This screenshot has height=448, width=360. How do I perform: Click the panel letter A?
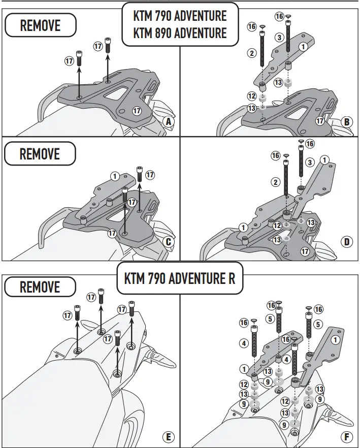(x=169, y=121)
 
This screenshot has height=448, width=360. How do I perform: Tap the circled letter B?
(x=347, y=121)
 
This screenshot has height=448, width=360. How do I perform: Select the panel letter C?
(x=169, y=242)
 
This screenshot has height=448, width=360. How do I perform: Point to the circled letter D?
(x=347, y=242)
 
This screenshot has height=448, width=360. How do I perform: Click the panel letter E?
(x=169, y=436)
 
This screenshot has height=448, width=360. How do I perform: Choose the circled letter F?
(x=347, y=436)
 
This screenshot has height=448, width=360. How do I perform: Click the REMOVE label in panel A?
(x=40, y=25)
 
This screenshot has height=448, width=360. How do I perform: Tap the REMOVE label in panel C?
(x=40, y=153)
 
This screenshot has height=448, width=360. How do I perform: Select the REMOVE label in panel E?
(x=40, y=287)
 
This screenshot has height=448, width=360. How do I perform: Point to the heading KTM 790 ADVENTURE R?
(x=180, y=278)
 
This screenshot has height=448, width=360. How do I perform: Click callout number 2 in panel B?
(x=251, y=52)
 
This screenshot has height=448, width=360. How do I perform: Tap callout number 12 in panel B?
(x=251, y=95)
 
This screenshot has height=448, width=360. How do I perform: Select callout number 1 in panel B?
(x=303, y=46)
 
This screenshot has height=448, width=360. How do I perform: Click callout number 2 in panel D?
(x=276, y=182)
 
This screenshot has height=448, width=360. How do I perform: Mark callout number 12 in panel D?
(x=277, y=226)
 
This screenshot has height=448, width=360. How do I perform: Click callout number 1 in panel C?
(x=115, y=176)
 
